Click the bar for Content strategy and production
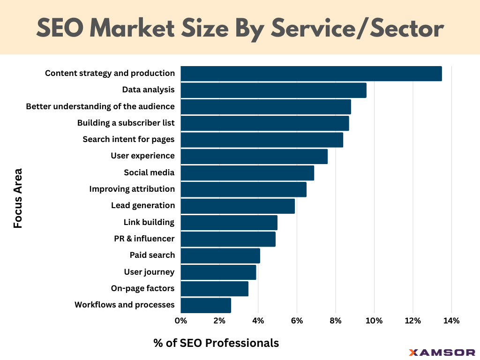(x=311, y=74)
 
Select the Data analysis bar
(x=273, y=90)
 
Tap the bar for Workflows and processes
(x=206, y=305)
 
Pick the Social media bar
(x=247, y=173)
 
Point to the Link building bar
(x=229, y=223)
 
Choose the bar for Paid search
(x=220, y=255)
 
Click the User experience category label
(x=142, y=156)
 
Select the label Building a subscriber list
(x=126, y=123)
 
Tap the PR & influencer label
(x=144, y=239)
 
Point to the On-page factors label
(x=142, y=288)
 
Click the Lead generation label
(x=142, y=205)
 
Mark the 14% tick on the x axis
(x=451, y=321)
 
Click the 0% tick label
(x=180, y=321)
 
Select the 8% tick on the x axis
(x=335, y=321)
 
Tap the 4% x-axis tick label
(x=258, y=321)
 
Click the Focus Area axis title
(x=18, y=198)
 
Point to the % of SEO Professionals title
(x=216, y=343)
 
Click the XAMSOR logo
(x=442, y=352)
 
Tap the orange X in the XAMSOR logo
(x=413, y=352)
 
